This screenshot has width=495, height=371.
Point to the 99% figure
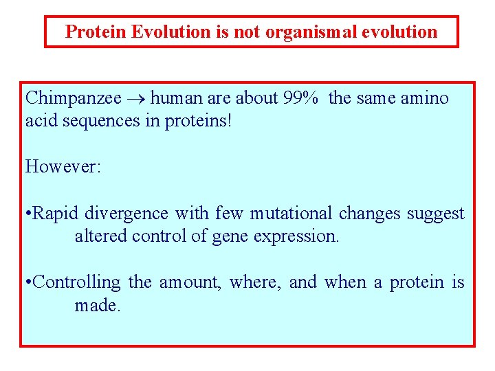(300, 98)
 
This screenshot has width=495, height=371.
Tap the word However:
(63, 166)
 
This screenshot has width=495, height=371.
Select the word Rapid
(56, 214)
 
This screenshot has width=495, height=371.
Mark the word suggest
(436, 214)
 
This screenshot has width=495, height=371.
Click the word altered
(98, 236)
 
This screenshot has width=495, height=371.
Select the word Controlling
(76, 282)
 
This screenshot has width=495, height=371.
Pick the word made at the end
(97, 305)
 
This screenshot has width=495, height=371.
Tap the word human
(173, 98)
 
